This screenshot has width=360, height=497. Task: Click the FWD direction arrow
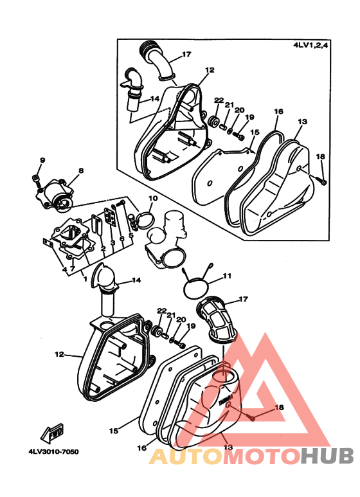click(x=52, y=433)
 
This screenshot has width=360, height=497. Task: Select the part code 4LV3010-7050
click(x=53, y=451)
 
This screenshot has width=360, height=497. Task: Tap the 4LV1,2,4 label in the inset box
click(x=310, y=45)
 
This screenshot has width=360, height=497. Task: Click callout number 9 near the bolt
click(x=42, y=160)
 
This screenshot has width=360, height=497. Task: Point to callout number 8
click(x=81, y=170)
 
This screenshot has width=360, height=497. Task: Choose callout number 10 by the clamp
click(x=153, y=199)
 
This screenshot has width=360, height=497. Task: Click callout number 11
click(x=227, y=276)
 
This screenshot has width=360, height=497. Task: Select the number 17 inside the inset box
click(x=186, y=55)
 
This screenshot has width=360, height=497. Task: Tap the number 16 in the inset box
click(x=278, y=111)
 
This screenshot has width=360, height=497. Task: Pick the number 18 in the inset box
click(x=320, y=157)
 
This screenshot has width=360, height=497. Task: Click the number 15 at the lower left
click(x=114, y=431)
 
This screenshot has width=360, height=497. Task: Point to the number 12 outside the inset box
click(x=59, y=354)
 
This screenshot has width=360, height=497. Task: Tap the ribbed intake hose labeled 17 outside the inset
click(x=218, y=320)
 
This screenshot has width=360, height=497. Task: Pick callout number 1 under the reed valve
click(x=85, y=279)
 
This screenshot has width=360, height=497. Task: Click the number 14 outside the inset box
click(x=136, y=280)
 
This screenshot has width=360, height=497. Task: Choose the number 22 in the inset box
click(x=219, y=100)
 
